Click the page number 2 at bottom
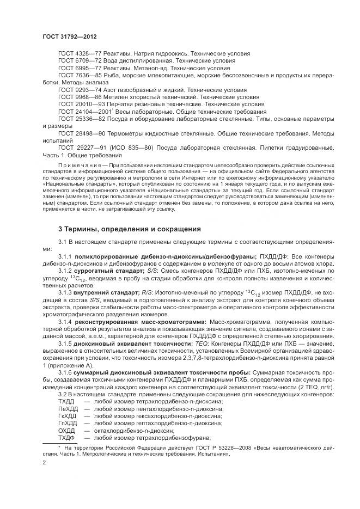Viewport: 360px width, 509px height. pyautogui.click(x=45, y=463)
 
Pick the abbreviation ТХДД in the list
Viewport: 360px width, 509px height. pyautogui.click(x=66, y=400)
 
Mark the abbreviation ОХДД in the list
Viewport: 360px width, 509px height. pyautogui.click(x=66, y=430)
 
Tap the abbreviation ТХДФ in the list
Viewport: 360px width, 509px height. pyautogui.click(x=66, y=437)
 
